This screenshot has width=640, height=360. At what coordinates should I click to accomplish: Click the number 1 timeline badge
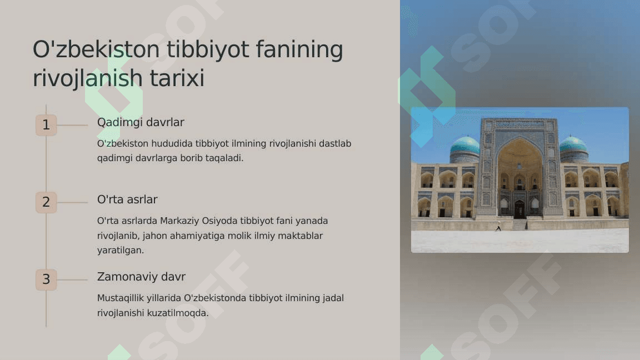[46, 125]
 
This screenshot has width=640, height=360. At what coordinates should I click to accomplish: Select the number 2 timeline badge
[46, 202]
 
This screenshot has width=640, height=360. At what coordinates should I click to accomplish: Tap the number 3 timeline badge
[46, 279]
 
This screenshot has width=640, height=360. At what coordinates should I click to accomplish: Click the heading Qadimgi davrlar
[141, 122]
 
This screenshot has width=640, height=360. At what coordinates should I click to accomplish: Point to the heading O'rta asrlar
[127, 199]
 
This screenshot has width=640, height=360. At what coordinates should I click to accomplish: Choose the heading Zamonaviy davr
[141, 277]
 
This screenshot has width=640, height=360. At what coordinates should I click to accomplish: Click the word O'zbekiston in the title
[96, 49]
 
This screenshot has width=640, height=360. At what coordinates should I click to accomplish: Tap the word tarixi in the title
[177, 78]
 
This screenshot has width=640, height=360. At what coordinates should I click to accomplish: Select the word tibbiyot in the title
[208, 49]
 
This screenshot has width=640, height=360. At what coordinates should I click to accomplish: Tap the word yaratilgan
[121, 250]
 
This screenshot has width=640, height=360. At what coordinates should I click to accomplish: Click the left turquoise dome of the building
[465, 146]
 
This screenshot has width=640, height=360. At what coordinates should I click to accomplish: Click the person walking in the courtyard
[498, 228]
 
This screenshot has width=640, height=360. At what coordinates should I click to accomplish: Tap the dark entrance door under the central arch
[519, 209]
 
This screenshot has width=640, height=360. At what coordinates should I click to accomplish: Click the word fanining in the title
[299, 49]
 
